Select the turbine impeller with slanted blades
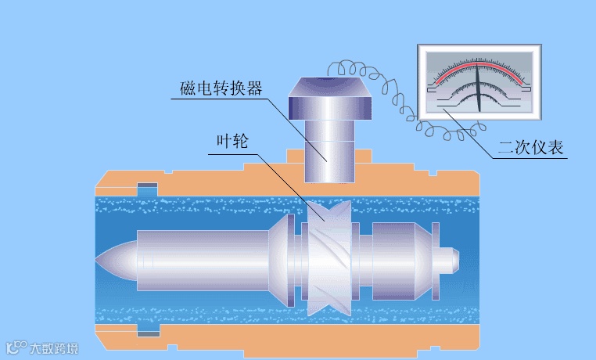(x=328, y=259)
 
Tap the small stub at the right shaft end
(x=449, y=256)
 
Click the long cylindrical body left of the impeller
(x=203, y=259)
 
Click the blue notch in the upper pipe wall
(x=147, y=189)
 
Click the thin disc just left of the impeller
(x=292, y=259)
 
